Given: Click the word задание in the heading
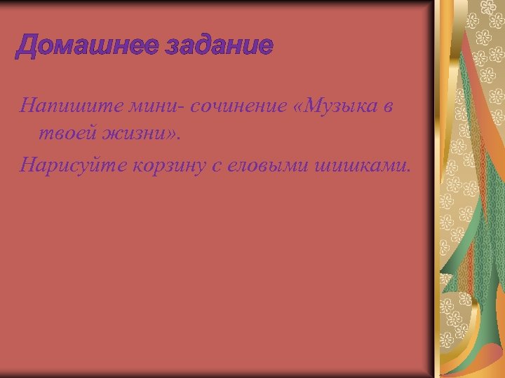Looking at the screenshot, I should pos(218,46).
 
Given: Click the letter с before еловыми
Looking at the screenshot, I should pos(210,166).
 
